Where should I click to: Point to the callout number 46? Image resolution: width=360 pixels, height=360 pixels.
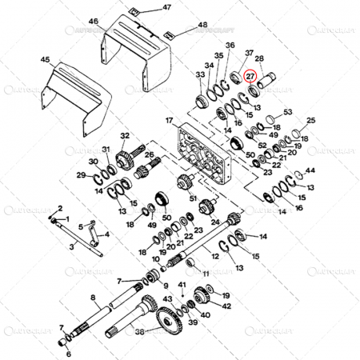click(x=94, y=22)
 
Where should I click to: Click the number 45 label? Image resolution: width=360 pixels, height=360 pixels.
click(x=45, y=59)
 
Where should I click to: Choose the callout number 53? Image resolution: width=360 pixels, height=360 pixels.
click(x=287, y=112)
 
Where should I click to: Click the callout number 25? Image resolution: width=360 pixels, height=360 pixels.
click(x=310, y=121)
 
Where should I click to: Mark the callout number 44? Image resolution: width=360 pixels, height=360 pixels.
click(x=310, y=171)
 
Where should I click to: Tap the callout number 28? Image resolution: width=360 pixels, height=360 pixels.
click(x=259, y=59)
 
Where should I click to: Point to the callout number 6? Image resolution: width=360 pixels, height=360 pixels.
click(x=67, y=353)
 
